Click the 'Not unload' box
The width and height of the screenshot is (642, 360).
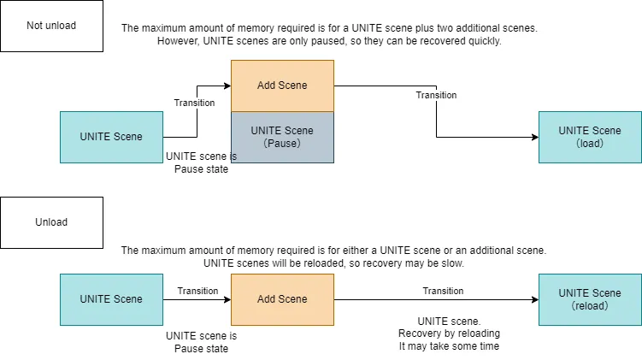(51, 26)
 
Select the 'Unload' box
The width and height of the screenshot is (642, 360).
(51, 222)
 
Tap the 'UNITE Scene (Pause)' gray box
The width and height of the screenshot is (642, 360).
(282, 137)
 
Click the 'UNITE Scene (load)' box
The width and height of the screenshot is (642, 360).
(590, 137)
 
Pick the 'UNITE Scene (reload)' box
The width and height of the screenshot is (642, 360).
(590, 299)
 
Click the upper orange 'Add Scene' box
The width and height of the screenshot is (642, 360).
(282, 86)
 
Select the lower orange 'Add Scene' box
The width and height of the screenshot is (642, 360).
(282, 299)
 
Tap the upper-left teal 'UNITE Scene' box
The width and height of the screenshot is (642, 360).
(111, 137)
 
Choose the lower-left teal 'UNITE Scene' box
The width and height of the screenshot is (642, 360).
(111, 299)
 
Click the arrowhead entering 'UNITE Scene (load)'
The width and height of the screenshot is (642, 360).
(534, 137)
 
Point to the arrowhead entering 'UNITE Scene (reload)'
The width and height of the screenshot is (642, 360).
(534, 299)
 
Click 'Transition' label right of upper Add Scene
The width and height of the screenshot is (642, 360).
(436, 95)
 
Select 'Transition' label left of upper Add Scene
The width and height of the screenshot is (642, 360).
(194, 103)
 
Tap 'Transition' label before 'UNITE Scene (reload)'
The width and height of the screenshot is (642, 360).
(443, 291)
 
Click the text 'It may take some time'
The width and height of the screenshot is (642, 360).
(449, 345)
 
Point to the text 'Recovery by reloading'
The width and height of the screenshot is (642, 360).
(449, 333)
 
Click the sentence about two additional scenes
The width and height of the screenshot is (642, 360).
(329, 28)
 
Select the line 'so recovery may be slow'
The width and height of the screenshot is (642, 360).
(333, 263)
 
